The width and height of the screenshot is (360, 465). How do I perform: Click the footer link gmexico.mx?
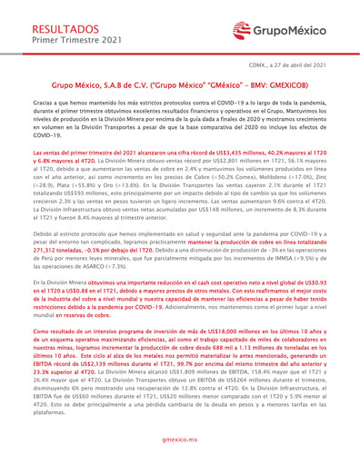(180, 438)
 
